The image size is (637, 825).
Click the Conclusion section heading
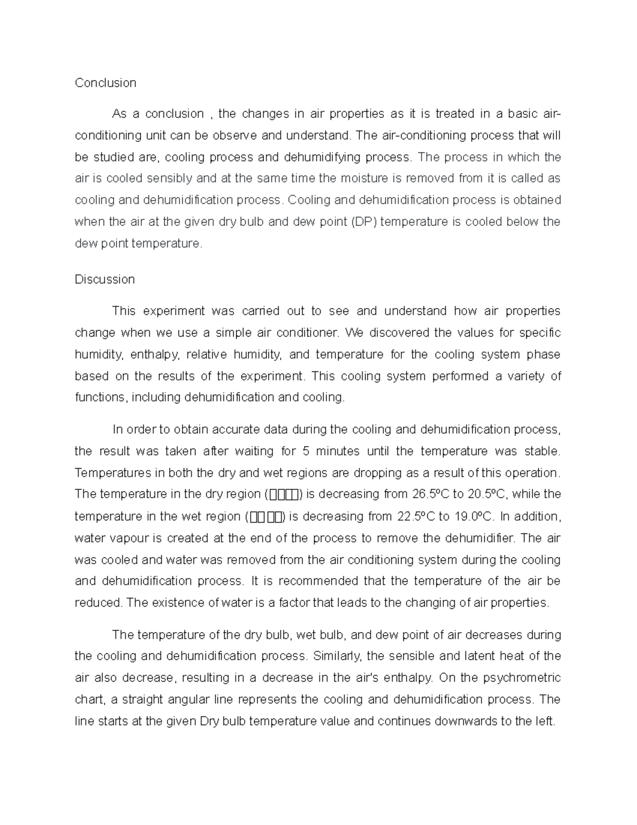pyautogui.click(x=105, y=83)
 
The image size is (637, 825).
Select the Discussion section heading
pyautogui.click(x=105, y=279)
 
